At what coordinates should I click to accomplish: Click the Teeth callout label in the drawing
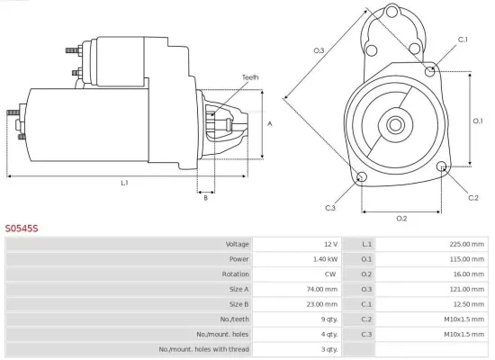(250, 77)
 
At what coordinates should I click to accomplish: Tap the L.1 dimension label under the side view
(124, 183)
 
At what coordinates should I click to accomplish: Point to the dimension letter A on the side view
(270, 123)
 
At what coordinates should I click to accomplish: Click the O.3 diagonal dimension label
(319, 50)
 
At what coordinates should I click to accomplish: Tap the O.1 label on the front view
(479, 120)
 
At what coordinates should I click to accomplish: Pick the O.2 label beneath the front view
(401, 218)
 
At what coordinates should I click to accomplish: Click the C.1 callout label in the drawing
(463, 40)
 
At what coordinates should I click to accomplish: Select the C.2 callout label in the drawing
(473, 196)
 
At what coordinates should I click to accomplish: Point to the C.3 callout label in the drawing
(330, 208)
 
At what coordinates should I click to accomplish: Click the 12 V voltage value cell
(329, 245)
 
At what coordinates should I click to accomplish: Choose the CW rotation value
(330, 274)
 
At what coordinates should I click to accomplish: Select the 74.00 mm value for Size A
(321, 289)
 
